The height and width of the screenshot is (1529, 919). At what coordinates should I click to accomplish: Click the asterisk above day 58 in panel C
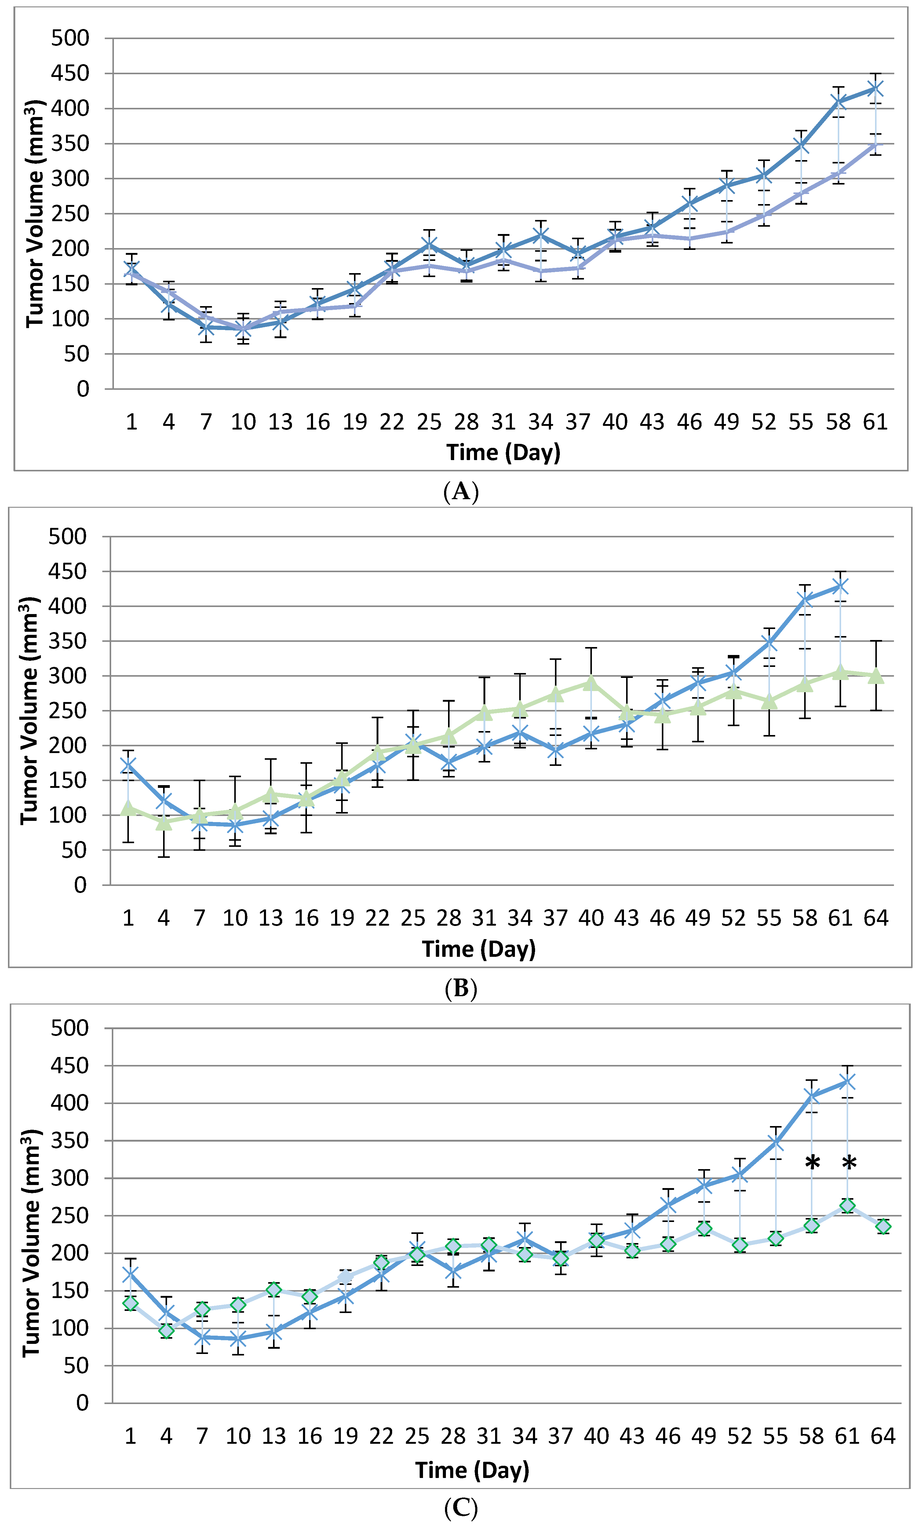[x=812, y=1164]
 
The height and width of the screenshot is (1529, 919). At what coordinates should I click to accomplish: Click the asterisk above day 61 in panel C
[x=849, y=1164]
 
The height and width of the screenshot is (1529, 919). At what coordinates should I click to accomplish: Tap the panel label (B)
[x=461, y=988]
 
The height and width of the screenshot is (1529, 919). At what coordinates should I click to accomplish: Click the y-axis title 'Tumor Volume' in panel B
[x=30, y=711]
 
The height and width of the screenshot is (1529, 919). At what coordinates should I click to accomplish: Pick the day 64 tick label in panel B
[x=876, y=918]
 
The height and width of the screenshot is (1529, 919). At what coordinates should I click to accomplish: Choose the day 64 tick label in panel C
[x=883, y=1436]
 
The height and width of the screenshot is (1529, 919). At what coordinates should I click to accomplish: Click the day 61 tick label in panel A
[x=875, y=422]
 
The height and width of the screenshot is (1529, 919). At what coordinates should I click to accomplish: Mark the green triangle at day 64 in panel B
[x=876, y=676]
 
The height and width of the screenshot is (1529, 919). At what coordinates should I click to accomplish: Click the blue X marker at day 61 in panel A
[x=875, y=89]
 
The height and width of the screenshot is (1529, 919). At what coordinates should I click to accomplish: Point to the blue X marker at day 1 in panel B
[x=128, y=766]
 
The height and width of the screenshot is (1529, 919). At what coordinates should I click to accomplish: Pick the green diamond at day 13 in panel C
[x=274, y=1290]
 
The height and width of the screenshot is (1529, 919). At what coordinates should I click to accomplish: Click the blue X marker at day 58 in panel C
[x=811, y=1096]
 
